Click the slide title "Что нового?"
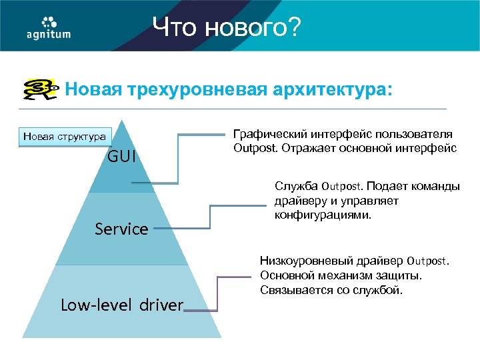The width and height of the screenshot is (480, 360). (227, 27)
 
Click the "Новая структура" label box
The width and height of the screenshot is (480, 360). (64, 137)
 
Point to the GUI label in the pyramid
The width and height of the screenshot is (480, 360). (122, 157)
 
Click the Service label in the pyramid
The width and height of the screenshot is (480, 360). (121, 229)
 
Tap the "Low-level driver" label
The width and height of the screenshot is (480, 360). (121, 305)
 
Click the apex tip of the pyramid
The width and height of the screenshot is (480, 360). (121, 122)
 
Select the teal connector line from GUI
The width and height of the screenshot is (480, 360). (179, 160)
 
